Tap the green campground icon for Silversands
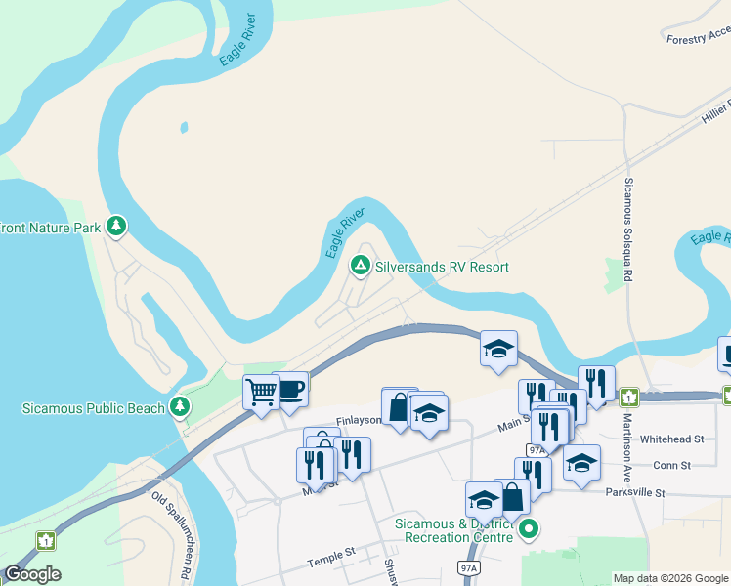coord(360,266)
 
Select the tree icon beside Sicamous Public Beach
coord(179,406)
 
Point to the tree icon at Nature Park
coord(117,228)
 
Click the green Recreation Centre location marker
coord(529,530)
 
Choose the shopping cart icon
coord(261,393)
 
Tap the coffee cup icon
coord(291,388)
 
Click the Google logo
coord(32,574)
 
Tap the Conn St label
coord(671,465)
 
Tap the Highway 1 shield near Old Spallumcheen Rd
coord(45,540)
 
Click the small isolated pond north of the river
coord(183,128)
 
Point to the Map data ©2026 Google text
coord(670,578)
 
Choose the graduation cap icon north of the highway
coord(498,348)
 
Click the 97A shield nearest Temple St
coord(469,567)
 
